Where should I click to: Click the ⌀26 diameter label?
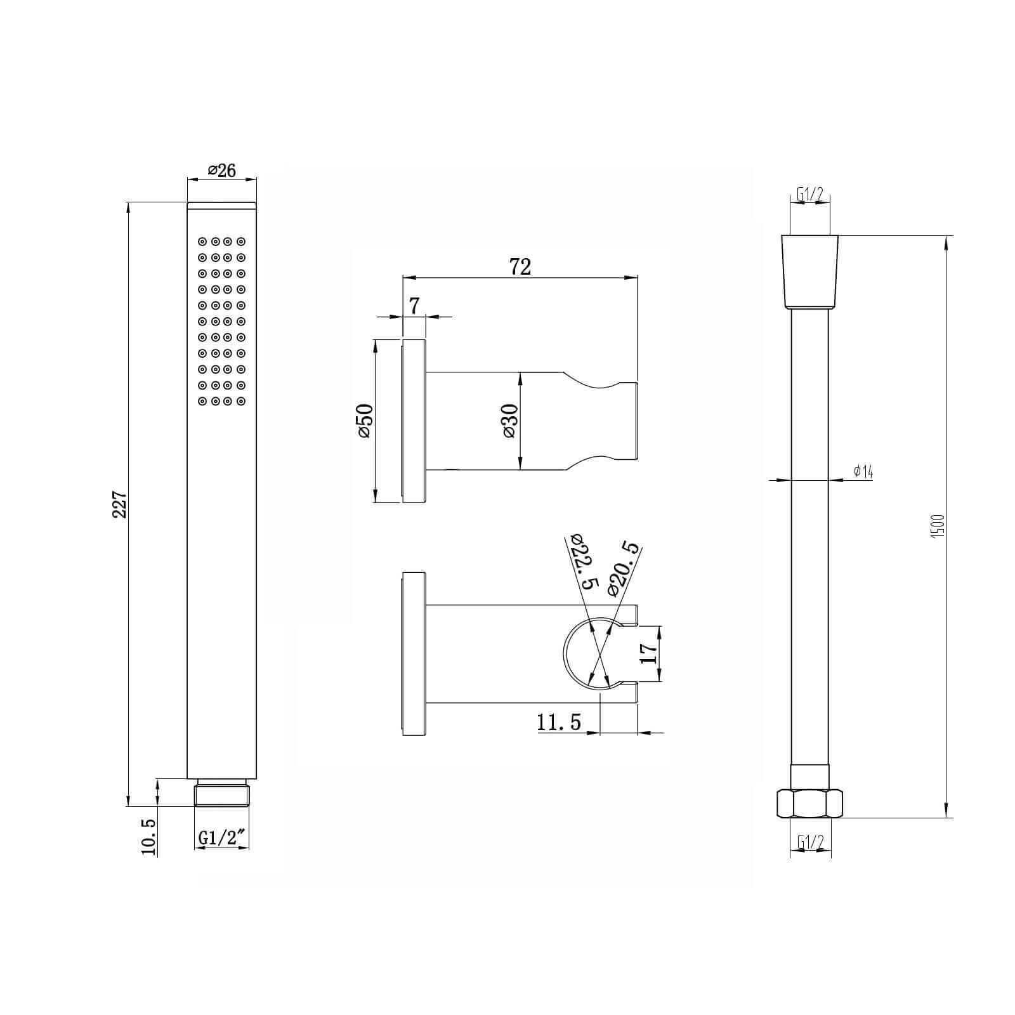[x=222, y=171]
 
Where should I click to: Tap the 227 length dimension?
[x=120, y=504]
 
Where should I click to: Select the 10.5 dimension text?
[x=148, y=837]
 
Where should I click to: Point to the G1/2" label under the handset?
[x=222, y=837]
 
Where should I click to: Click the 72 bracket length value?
[x=520, y=267]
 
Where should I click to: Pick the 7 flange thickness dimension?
[x=414, y=306]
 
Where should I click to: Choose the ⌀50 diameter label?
[x=365, y=421]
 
